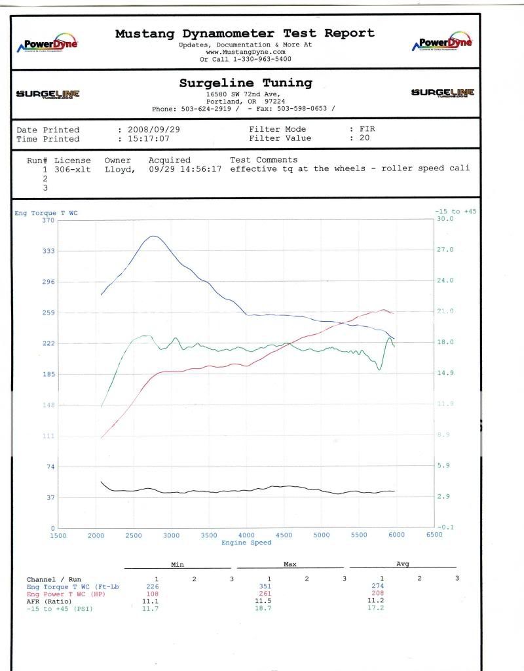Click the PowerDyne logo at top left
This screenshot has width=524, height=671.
click(x=47, y=44)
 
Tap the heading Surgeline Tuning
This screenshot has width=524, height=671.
click(x=246, y=83)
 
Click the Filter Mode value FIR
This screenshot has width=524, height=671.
click(x=367, y=129)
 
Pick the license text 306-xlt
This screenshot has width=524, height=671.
click(x=73, y=169)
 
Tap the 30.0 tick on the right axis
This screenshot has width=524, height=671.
click(x=445, y=220)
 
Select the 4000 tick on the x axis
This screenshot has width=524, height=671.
click(x=246, y=535)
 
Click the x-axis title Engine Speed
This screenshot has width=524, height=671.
click(x=246, y=543)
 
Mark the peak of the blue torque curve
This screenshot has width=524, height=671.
click(x=153, y=236)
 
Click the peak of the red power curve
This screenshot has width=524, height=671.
click(x=383, y=310)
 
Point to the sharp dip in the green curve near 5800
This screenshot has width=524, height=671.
click(x=379, y=370)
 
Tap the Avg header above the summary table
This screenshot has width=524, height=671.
click(x=402, y=564)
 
